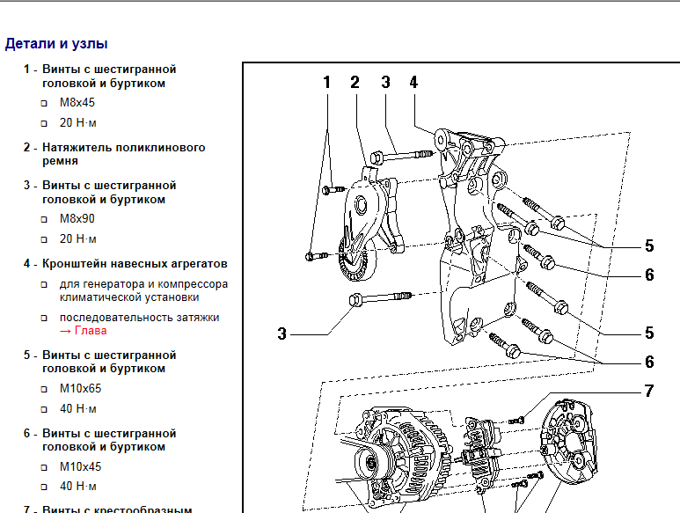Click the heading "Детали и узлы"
click(x=56, y=43)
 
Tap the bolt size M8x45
click(x=77, y=102)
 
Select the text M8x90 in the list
click(x=77, y=218)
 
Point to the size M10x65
click(x=80, y=388)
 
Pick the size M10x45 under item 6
click(x=80, y=466)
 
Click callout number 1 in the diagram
click(x=326, y=83)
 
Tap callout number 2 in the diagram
click(x=355, y=83)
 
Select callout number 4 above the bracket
click(x=413, y=83)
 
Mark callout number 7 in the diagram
click(x=648, y=391)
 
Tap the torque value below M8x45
click(x=78, y=122)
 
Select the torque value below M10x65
click(x=78, y=408)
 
